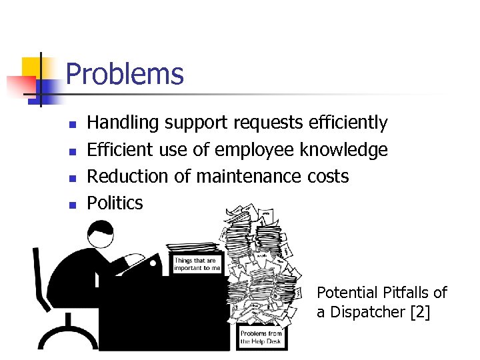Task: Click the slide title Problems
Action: coord(125,73)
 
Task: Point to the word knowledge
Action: coord(343,150)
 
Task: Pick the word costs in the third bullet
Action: coord(327,177)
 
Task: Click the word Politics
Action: coord(115,203)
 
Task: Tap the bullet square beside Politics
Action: coord(73,205)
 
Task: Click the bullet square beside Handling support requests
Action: coord(73,125)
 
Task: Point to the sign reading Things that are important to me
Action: coord(197,264)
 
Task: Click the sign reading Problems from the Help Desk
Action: coord(261,337)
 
